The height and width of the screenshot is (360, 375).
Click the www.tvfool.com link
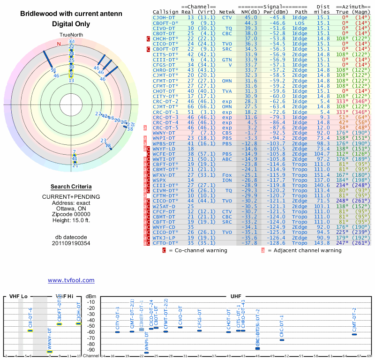pyautogui.click(x=71, y=280)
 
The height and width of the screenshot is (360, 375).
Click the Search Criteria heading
pyautogui.click(x=71, y=187)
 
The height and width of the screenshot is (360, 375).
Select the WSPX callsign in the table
pyautogui.click(x=160, y=180)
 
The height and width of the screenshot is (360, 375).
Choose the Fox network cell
pyautogui.click(x=227, y=175)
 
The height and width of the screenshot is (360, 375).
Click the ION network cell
pyautogui.click(x=227, y=180)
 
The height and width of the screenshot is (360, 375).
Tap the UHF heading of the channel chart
pyautogui.click(x=236, y=296)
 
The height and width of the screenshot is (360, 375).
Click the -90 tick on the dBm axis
pyautogui.click(x=91, y=350)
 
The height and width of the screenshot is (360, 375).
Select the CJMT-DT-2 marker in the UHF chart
pyautogui.click(x=354, y=334)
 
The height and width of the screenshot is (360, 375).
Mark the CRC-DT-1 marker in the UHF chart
pyautogui.click(x=282, y=339)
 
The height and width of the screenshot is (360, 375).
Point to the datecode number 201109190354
pyautogui.click(x=71, y=243)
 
